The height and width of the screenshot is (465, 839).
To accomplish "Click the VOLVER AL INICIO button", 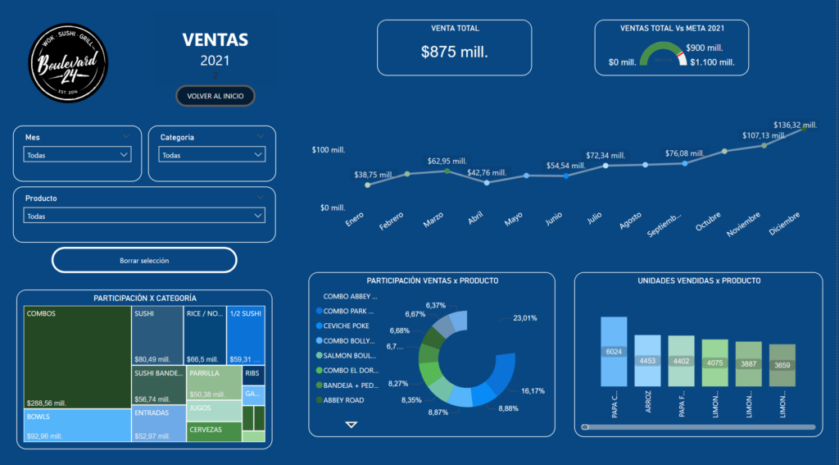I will tap(215, 96).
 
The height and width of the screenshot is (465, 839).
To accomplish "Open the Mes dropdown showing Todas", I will tap(77, 155).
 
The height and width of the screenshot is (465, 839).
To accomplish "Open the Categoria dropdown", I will tap(212, 155).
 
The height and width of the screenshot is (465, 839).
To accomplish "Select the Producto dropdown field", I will tap(144, 217).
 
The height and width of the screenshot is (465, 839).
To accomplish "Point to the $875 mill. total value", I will tap(454, 52).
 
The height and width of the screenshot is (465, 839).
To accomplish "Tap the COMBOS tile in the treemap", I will tap(77, 357).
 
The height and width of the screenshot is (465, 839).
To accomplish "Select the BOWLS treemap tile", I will tap(77, 426).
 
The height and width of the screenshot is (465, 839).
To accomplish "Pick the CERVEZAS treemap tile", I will tap(214, 431).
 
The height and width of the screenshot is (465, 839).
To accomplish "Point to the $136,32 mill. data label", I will tap(796, 124).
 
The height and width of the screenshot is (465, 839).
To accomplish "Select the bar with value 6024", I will tap(614, 352).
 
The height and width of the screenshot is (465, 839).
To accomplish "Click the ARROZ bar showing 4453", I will tap(647, 361).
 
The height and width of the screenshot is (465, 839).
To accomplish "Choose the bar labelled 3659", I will tap(782, 365).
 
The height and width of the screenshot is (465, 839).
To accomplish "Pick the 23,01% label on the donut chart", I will tap(525, 318).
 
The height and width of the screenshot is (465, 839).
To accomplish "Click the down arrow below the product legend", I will tap(351, 425).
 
